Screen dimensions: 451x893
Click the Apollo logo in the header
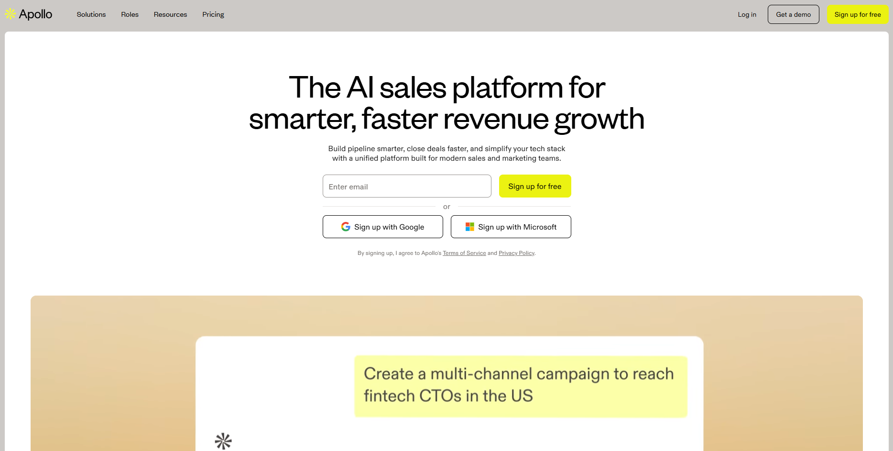[29, 14]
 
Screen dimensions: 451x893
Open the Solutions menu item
[91, 14]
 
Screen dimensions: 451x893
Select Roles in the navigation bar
[130, 14]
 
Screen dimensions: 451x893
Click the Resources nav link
[170, 14]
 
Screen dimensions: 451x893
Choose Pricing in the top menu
[213, 14]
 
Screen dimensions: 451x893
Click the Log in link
[747, 14]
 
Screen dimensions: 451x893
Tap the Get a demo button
[793, 14]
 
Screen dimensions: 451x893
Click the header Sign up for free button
[858, 14]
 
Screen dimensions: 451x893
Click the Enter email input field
[407, 186]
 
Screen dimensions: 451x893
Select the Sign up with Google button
[382, 227]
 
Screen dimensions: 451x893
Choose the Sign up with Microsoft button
[511, 227]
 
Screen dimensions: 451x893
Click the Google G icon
[346, 227]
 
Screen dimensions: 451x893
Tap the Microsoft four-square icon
[470, 227]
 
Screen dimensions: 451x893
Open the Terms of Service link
[464, 253]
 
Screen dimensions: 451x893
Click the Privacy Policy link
[516, 253]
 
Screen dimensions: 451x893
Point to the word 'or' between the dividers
[446, 207]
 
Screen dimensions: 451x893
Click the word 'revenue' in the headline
[496, 119]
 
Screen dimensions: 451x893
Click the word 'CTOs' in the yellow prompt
[440, 396]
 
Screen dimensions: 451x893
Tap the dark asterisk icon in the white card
[223, 441]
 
